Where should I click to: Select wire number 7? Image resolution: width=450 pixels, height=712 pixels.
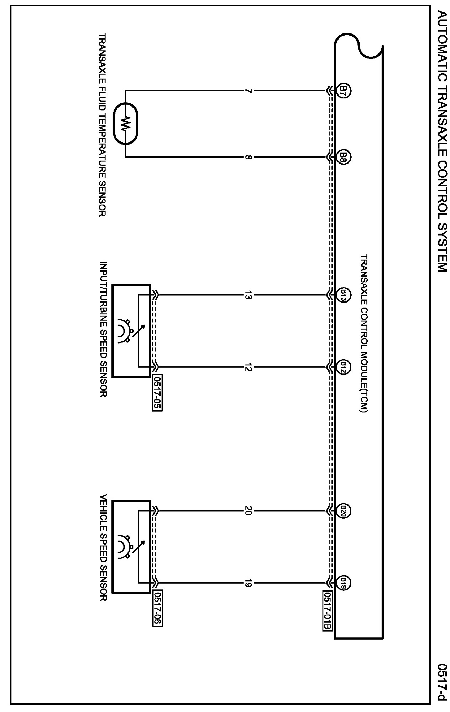(248, 91)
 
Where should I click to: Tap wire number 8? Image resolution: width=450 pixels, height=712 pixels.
(248, 157)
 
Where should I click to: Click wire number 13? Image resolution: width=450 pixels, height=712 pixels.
(248, 295)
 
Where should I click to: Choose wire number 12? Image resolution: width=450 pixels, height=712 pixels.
(248, 367)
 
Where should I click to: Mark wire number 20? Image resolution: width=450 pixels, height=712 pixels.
(248, 511)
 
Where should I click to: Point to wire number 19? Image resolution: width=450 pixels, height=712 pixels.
(248, 583)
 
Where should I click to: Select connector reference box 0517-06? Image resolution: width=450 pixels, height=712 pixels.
(157, 609)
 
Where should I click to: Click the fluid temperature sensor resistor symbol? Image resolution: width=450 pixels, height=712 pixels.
(125, 124)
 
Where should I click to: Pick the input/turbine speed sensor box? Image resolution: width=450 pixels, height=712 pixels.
(131, 331)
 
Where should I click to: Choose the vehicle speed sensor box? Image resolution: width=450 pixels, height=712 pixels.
(131, 547)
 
